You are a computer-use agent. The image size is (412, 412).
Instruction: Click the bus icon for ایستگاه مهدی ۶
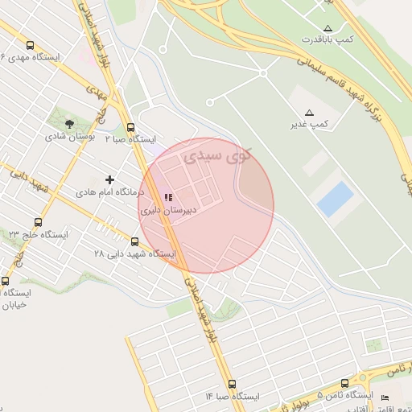click(30, 46)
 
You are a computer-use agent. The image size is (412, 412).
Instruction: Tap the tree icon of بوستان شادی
click(70, 124)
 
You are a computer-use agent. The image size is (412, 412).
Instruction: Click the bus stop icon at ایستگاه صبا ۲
click(130, 127)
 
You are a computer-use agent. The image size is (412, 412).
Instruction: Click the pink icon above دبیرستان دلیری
click(167, 197)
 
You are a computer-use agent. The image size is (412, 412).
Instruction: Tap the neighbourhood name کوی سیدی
click(216, 154)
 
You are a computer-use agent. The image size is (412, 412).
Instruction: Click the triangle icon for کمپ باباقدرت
click(327, 28)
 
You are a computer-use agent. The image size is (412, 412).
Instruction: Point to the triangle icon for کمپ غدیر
click(310, 113)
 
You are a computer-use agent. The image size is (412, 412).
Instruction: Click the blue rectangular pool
click(336, 199)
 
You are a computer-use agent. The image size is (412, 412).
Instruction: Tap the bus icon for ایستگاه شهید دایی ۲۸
click(134, 241)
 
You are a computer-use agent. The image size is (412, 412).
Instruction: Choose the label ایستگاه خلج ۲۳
click(39, 234)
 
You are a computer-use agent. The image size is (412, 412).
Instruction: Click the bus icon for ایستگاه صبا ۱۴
click(232, 385)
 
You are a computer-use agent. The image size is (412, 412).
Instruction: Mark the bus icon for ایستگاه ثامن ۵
click(345, 384)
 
